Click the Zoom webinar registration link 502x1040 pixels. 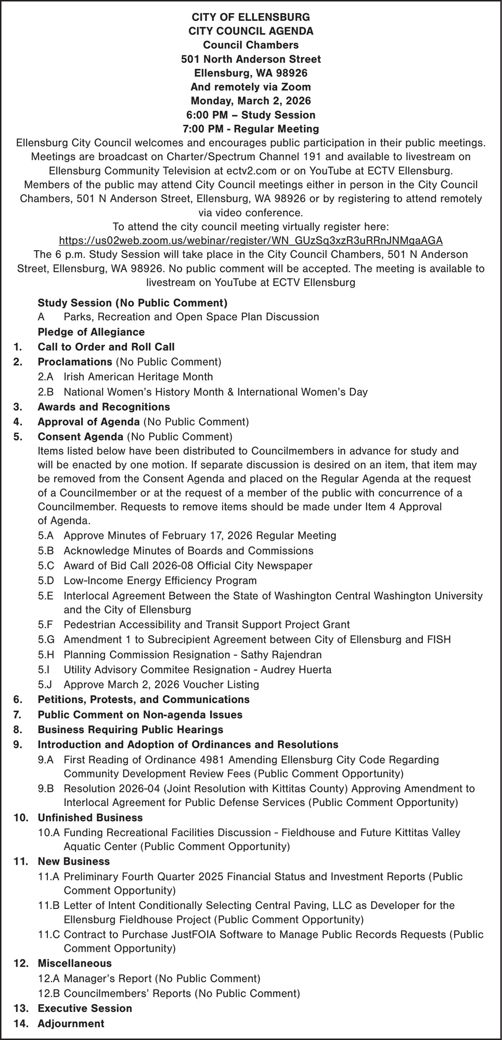[x=251, y=241]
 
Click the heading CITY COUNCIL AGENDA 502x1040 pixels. [x=251, y=31]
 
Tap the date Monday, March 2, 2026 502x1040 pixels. [x=251, y=101]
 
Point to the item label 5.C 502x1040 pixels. [x=45, y=565]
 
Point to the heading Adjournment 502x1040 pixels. [x=71, y=1024]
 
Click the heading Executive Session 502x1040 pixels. [x=85, y=1008]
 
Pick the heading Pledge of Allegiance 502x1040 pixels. [x=91, y=332]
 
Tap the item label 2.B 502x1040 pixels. [x=45, y=392]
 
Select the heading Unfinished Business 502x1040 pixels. [x=90, y=818]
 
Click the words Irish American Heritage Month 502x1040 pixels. [x=138, y=377]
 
